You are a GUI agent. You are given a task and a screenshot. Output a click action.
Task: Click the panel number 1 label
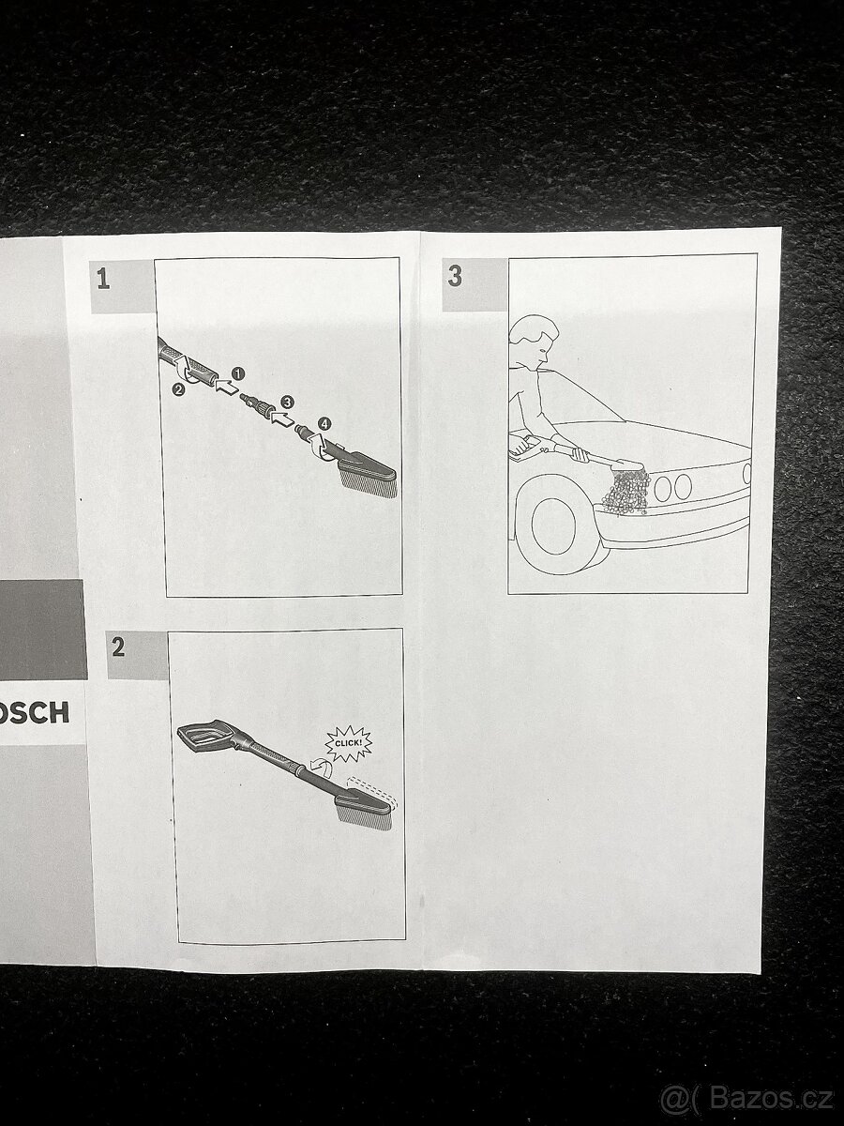coord(103,279)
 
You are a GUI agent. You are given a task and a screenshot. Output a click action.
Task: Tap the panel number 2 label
coord(117,647)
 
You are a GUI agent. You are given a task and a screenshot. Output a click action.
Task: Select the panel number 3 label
coord(455,277)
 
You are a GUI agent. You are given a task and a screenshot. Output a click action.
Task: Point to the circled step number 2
coord(178,390)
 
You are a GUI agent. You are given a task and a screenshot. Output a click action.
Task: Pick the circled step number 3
coord(287,401)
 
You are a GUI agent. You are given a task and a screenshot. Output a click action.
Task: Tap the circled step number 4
coord(324,422)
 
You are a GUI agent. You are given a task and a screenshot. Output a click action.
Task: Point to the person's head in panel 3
coord(534,342)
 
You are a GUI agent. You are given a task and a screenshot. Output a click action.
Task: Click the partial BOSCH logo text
coord(34,713)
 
